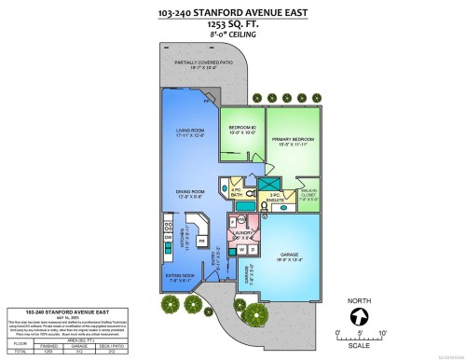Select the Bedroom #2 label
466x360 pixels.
(241, 131)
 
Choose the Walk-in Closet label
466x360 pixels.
(308, 197)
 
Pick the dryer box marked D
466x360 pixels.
(254, 249)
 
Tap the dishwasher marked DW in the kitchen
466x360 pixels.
(169, 237)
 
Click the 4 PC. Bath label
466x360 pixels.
(237, 192)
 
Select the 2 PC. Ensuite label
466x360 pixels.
(276, 197)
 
